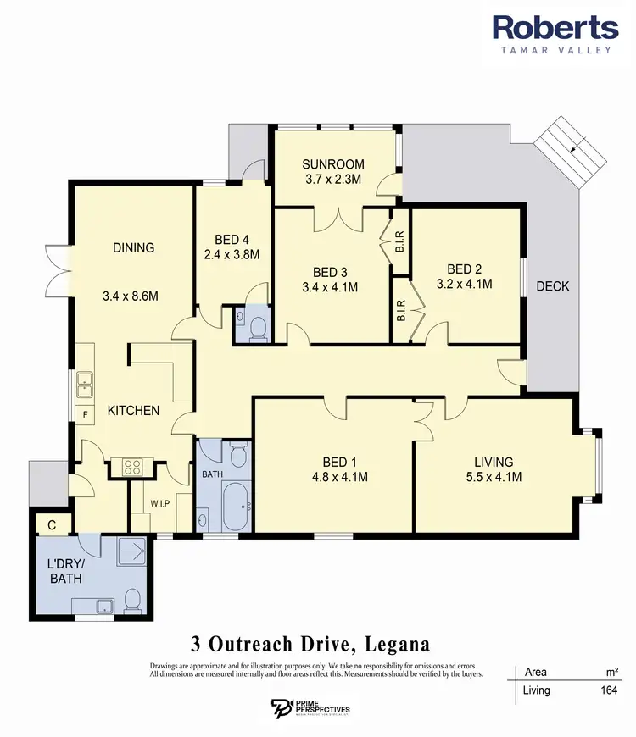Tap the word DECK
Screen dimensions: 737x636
coord(552,286)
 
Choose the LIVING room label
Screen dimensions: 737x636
coord(494,462)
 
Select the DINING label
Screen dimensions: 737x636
coord(134,248)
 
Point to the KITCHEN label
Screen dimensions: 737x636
coord(133,411)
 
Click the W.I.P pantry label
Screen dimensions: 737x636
coord(161,501)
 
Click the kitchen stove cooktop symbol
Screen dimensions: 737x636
coord(131,465)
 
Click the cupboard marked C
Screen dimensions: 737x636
coord(52,525)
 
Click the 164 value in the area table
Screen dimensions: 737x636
coord(608,690)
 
